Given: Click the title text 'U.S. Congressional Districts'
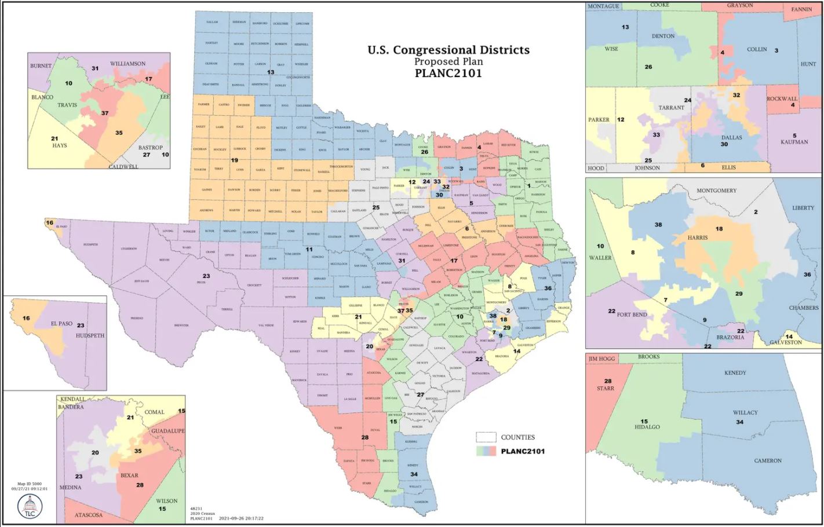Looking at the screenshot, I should pos(448,50).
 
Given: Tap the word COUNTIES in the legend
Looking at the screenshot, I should pos(517,437).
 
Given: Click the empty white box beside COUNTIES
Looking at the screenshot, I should pos(486,437).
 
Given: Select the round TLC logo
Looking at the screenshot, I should pos(29,506).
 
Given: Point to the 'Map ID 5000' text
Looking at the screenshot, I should pos(32,483).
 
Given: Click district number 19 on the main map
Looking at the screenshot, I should pos(235,160).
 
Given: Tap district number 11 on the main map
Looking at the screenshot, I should pos(309,250).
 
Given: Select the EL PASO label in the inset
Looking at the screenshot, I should pos(61,324).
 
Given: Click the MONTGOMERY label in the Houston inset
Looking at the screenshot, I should pos(716,191).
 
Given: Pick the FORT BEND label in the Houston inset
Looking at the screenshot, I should pos(632,314).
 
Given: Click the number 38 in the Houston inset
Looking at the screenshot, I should pos(658,225).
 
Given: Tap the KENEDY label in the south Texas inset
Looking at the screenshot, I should pos(735,373).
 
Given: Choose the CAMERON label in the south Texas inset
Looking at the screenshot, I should pos(768,460).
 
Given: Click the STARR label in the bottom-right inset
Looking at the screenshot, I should pos(605,389).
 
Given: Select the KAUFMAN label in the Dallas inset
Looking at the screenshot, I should pos(794,142).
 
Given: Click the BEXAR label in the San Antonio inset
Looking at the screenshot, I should pos(129,475).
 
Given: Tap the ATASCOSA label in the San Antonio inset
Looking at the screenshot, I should pos(89,515).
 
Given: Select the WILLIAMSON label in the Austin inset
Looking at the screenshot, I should pos(127,64).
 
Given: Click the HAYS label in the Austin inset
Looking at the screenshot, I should pos(59,145).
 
